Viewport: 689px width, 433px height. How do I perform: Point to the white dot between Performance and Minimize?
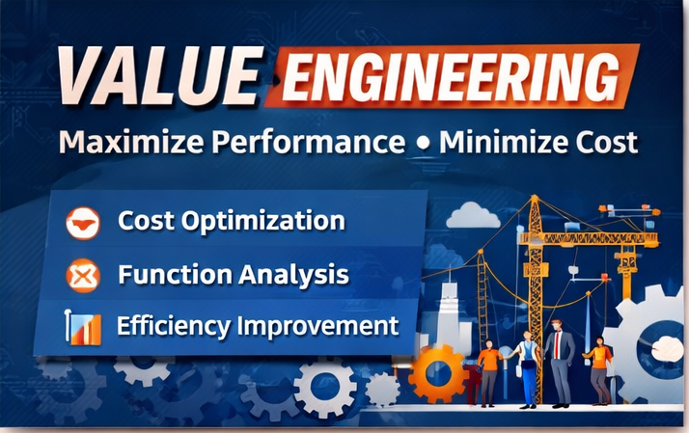point(422,144)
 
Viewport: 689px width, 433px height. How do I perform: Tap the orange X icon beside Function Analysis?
point(83,276)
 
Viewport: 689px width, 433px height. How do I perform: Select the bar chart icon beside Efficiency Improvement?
point(83,327)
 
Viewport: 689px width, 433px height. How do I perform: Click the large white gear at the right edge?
point(651,347)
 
